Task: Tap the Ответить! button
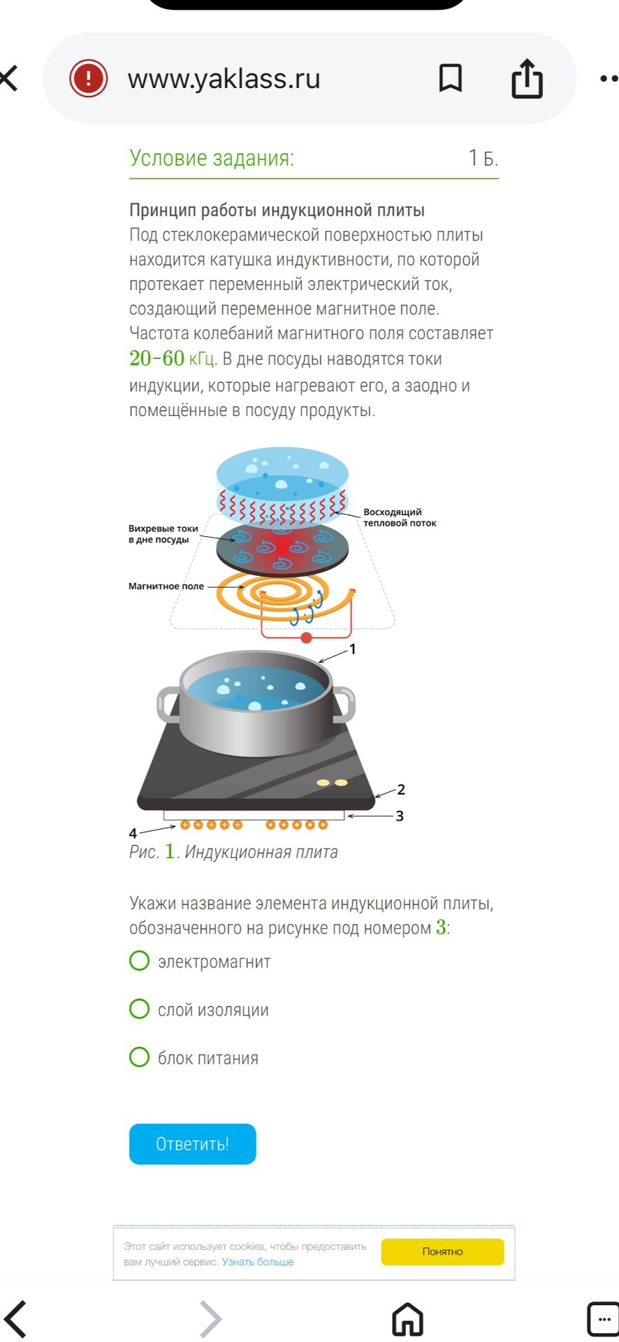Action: pyautogui.click(x=192, y=1143)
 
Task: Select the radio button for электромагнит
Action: pyautogui.click(x=140, y=960)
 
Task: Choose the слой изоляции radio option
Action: pyautogui.click(x=140, y=1009)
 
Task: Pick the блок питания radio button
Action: pyautogui.click(x=140, y=1057)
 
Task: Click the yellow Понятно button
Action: pyautogui.click(x=442, y=1251)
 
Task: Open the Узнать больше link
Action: pyautogui.click(x=258, y=1262)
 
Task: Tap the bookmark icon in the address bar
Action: pyautogui.click(x=451, y=78)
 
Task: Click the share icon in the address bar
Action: pyautogui.click(x=527, y=78)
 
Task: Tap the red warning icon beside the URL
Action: pyautogui.click(x=88, y=78)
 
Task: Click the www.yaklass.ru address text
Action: pyautogui.click(x=224, y=78)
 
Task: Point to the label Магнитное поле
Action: pyautogui.click(x=166, y=586)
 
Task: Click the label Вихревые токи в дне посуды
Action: pyautogui.click(x=163, y=534)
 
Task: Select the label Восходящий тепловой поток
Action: pyautogui.click(x=400, y=517)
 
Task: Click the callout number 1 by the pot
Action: pyautogui.click(x=353, y=649)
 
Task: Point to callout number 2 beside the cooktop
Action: pyautogui.click(x=401, y=789)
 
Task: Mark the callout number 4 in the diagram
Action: pyautogui.click(x=133, y=832)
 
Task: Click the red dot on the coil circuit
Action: pyautogui.click(x=306, y=637)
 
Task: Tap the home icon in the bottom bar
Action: pyautogui.click(x=407, y=1319)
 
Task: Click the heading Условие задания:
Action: pyautogui.click(x=212, y=158)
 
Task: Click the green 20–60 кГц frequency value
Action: pyautogui.click(x=173, y=359)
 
